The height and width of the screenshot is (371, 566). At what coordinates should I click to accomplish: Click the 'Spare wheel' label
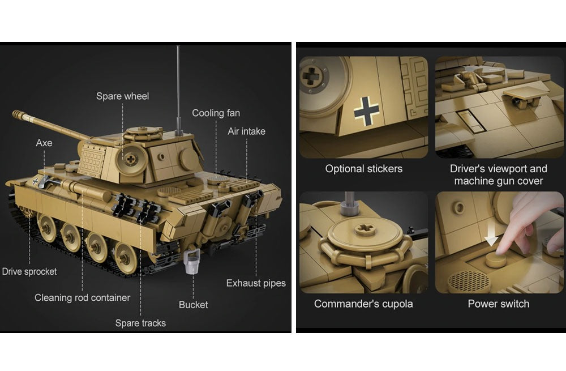(x=122, y=96)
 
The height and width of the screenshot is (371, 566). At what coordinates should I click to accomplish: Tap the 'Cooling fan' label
(x=216, y=113)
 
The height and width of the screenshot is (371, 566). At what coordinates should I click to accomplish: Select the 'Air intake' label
(x=246, y=131)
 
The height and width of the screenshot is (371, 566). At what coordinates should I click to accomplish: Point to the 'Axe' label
(x=44, y=143)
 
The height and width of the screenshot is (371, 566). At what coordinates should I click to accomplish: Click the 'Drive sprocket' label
(x=29, y=272)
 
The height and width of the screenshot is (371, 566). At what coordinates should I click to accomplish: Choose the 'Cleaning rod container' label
(x=82, y=298)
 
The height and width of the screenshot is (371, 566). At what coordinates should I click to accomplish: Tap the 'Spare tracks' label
(x=140, y=323)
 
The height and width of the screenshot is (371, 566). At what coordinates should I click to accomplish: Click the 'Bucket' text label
(x=193, y=305)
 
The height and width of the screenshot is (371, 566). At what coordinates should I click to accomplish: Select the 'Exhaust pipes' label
(x=256, y=283)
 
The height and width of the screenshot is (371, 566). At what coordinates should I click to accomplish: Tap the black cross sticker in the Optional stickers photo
(x=366, y=111)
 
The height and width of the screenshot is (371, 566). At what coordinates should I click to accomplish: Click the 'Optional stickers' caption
(x=363, y=169)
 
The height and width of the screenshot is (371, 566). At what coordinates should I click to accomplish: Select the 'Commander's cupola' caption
(x=363, y=304)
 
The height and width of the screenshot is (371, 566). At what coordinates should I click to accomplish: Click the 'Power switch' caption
(x=499, y=304)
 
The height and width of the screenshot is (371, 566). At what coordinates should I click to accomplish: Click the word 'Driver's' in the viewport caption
(x=466, y=169)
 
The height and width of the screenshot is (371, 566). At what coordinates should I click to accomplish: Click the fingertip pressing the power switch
(x=503, y=249)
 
